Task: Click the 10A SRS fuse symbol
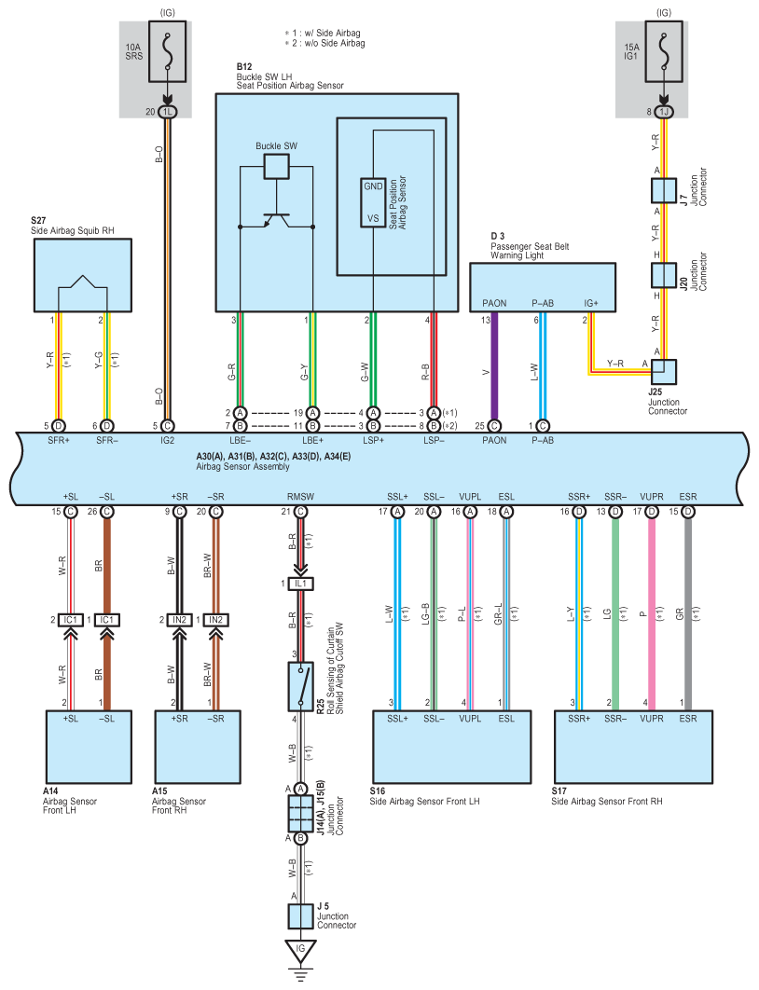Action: point(167,51)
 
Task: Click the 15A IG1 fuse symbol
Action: point(664,51)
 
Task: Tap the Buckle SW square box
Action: point(277,166)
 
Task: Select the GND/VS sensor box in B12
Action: point(373,202)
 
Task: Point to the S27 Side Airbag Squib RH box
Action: point(83,275)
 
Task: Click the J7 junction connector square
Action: point(664,190)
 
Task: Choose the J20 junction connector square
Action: point(664,275)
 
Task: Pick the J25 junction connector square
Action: point(664,372)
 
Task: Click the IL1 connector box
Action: point(300,584)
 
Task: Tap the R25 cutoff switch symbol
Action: point(300,686)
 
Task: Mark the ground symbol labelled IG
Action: point(300,952)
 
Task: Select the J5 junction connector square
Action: point(300,916)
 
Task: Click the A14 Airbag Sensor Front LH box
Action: point(89,747)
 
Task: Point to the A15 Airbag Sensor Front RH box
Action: point(198,747)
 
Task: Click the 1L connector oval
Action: point(167,112)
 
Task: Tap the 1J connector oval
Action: point(664,112)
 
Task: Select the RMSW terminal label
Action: point(300,497)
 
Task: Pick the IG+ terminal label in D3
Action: point(591,303)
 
